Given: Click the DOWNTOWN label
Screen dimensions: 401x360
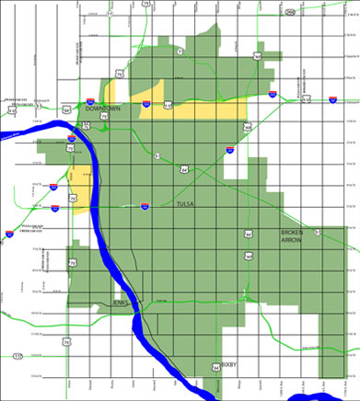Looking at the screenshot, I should tap(104, 109).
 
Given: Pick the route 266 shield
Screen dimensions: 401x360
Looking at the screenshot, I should tap(289, 12).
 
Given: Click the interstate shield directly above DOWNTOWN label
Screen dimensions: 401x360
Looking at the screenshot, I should tap(88, 102).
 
